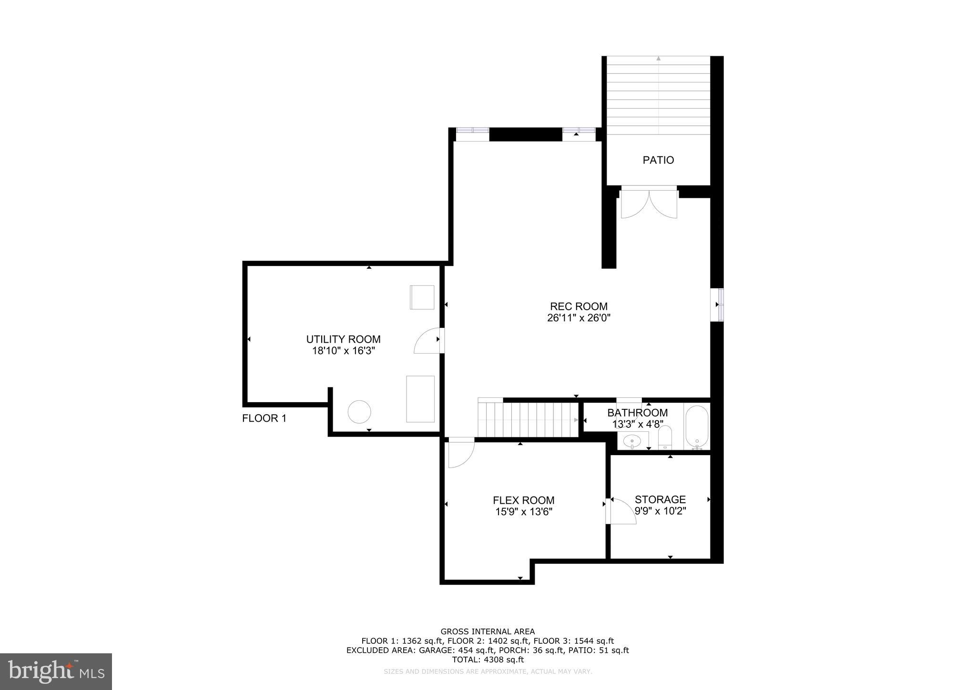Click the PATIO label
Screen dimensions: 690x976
pos(658,160)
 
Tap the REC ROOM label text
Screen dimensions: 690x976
pos(579,306)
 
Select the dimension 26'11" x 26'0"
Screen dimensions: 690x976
pos(579,318)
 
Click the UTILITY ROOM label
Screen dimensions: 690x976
pos(343,339)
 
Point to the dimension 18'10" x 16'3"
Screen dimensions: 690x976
pos(343,351)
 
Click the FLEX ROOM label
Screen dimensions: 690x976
pos(523,500)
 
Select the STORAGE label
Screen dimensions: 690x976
pos(660,499)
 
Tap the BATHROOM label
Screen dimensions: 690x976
pos(637,413)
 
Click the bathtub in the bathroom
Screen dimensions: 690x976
pos(697,427)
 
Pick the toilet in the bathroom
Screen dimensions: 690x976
pos(664,437)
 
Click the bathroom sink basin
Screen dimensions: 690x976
pos(632,441)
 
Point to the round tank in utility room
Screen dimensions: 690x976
pos(359,412)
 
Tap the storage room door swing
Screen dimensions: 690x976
pos(621,512)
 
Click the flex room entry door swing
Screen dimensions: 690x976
pos(460,452)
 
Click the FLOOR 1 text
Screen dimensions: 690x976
pos(264,418)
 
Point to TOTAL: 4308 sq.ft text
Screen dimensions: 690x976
pos(488,660)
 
